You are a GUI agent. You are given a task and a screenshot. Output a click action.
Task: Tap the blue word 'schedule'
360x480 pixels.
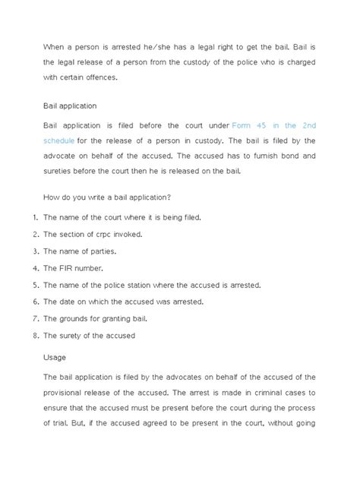(x=61, y=141)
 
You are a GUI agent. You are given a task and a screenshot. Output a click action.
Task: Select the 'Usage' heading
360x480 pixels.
(x=55, y=357)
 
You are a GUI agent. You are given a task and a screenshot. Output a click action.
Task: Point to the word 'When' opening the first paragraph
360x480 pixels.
(x=55, y=45)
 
